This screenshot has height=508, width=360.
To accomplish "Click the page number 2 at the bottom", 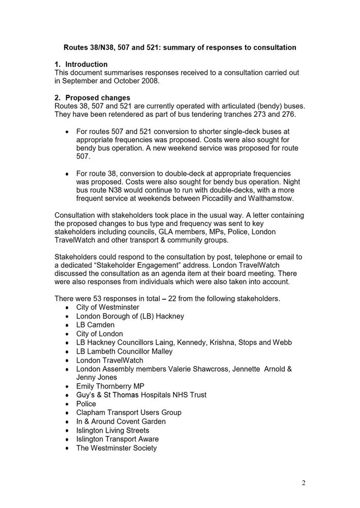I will [304, 483].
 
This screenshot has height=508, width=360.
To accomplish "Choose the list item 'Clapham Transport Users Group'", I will [129, 412].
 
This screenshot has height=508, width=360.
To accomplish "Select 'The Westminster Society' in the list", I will [116, 448].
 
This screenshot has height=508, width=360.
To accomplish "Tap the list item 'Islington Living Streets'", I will [113, 430].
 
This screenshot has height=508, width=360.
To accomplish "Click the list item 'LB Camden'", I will [95, 325].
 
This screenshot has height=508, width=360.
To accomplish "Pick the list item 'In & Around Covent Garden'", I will [121, 421].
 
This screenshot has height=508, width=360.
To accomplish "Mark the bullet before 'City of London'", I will [68, 334].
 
